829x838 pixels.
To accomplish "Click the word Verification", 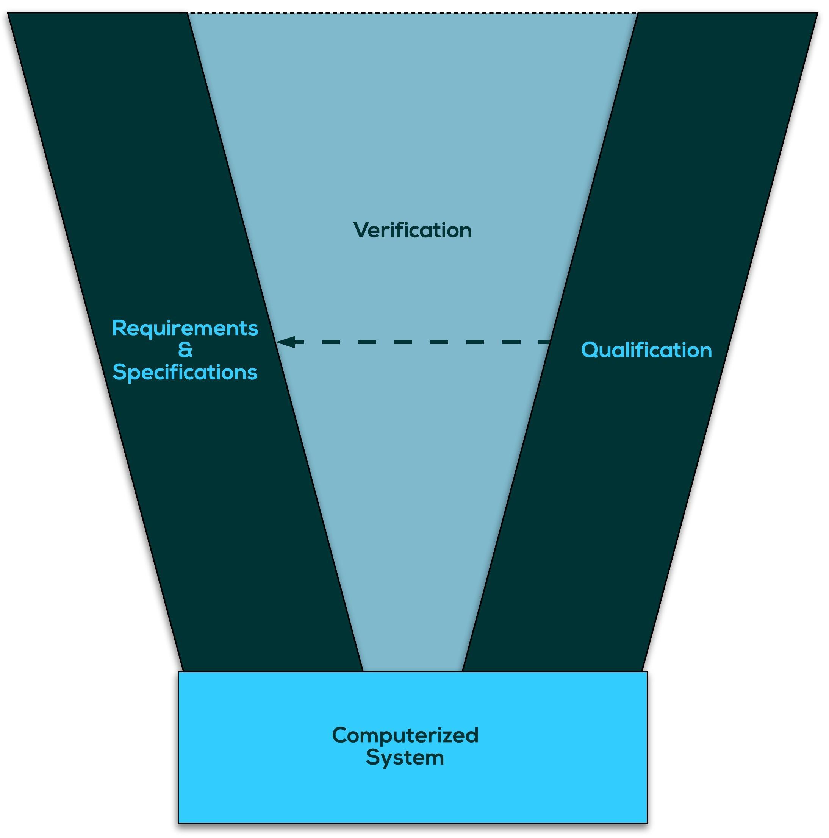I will [x=412, y=230].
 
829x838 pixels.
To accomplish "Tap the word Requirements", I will [x=185, y=328].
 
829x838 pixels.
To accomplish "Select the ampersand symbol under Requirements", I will [x=185, y=350].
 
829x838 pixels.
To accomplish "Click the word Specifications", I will [x=185, y=372].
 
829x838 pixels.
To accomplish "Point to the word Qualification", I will [x=646, y=350].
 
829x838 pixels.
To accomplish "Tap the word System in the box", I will [x=405, y=758].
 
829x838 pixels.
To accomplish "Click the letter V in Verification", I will [x=361, y=230].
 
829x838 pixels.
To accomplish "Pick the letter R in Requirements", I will [x=118, y=328].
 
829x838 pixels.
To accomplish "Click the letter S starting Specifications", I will [x=119, y=372].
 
